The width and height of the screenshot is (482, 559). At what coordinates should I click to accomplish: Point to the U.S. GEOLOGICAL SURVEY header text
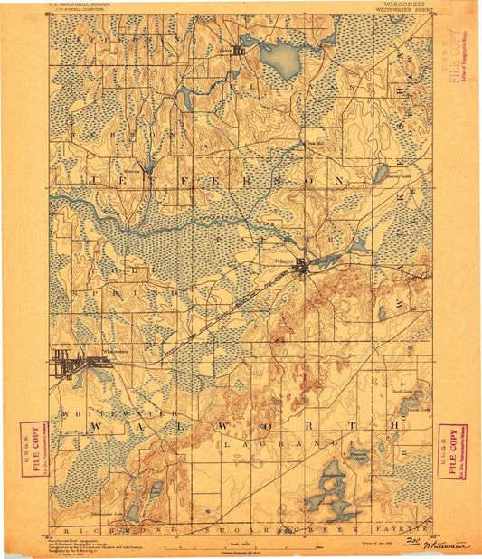[x=78, y=5]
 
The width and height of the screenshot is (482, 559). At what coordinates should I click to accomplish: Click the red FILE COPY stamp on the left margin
[x=35, y=447]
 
